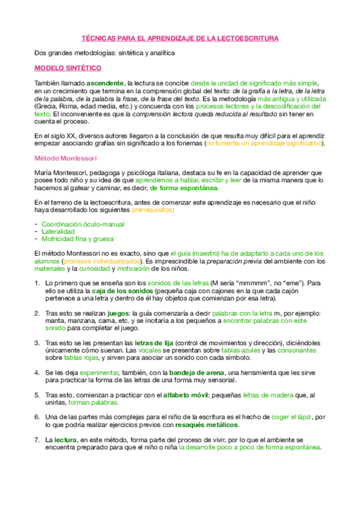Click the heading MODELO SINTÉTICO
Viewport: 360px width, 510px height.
click(67, 68)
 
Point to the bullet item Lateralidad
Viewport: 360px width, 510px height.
click(58, 231)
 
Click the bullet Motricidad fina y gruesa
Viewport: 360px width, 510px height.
click(77, 238)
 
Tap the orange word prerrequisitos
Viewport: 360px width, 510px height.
click(153, 210)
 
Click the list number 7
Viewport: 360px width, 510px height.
click(37, 440)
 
